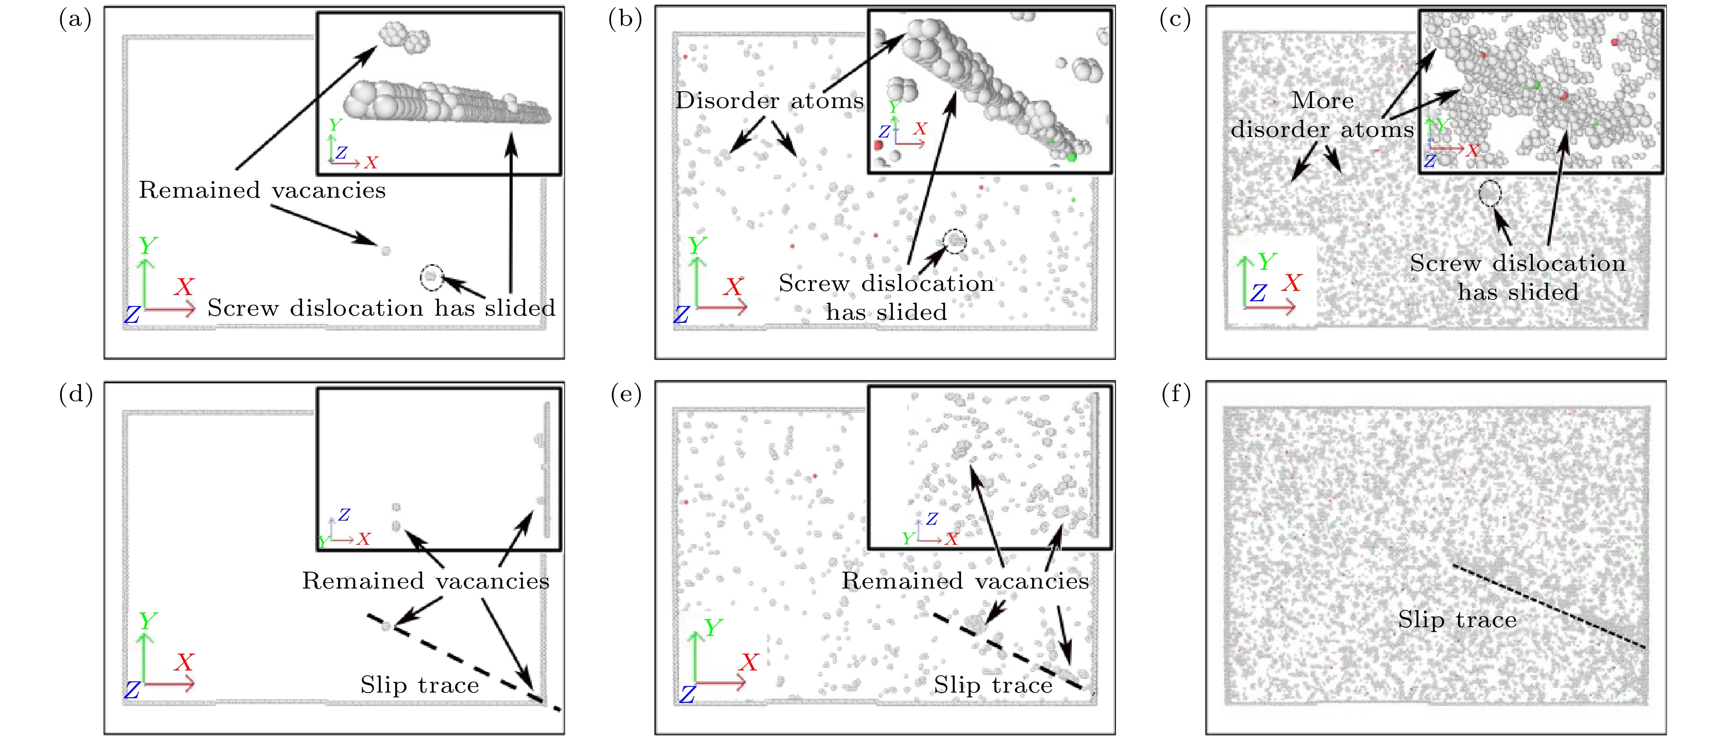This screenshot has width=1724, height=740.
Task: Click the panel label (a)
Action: coord(75,20)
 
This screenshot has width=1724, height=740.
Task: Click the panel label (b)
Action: coord(625,20)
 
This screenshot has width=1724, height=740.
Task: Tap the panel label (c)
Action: coord(1175,20)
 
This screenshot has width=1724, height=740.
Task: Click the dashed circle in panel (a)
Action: coord(432,277)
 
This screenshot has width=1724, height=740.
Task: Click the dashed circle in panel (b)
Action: coord(955,241)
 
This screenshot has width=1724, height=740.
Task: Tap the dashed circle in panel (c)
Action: coord(1490,193)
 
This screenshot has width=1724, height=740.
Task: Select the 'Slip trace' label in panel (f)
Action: coord(1457,619)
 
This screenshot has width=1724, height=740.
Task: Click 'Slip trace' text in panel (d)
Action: coord(419,685)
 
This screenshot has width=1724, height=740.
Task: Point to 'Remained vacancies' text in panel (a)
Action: coord(262,191)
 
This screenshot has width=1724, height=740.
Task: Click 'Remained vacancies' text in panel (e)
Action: coord(965,581)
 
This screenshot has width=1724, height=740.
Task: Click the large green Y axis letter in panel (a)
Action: coord(147,246)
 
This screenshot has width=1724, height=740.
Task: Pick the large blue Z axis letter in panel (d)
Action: coord(132,690)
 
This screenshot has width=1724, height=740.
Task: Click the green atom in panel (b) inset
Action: coord(1072,157)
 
